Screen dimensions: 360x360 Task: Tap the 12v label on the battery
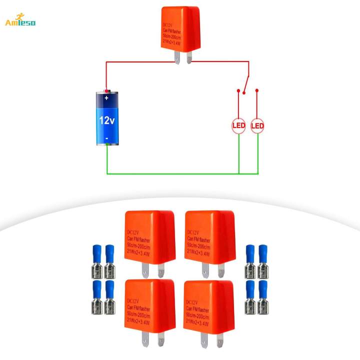click(107, 120)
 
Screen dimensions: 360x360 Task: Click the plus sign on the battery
click(106, 99)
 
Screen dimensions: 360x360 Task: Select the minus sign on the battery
click(106, 137)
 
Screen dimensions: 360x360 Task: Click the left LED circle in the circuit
click(239, 125)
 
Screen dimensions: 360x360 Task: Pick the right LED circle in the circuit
click(257, 125)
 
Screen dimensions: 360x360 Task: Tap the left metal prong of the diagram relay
click(177, 57)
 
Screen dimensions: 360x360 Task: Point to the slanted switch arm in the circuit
click(245, 81)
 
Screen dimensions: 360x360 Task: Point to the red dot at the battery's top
click(106, 90)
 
